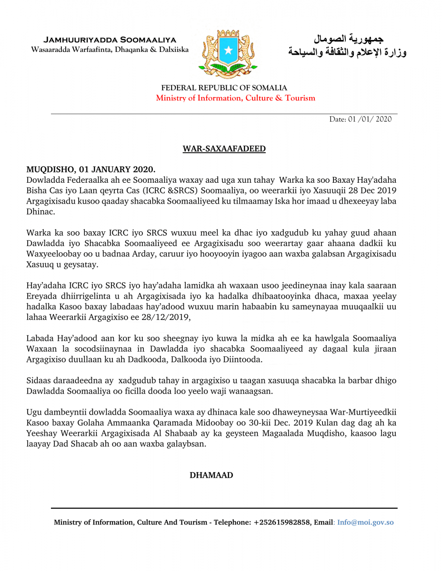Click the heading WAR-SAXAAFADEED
click(224, 149)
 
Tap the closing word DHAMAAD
click(211, 475)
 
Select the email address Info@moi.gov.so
click(365, 522)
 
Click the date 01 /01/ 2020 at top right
click(361, 119)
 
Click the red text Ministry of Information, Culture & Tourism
click(235, 98)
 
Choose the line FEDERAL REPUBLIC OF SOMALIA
click(224, 88)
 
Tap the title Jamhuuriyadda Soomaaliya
click(110, 39)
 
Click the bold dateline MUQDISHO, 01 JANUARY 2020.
click(90, 169)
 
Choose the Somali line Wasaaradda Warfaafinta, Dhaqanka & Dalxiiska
click(110, 50)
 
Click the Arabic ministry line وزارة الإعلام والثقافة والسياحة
click(348, 51)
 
